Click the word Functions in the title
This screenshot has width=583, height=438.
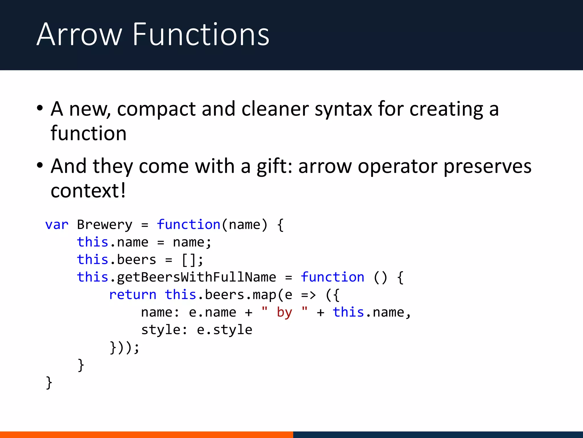(201, 35)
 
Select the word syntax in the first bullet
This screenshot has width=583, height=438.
(343, 109)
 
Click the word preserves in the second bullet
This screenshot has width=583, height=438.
(487, 167)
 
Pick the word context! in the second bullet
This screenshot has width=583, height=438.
(88, 191)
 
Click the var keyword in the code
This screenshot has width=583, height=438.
(57, 225)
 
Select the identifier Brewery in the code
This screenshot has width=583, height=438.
(104, 225)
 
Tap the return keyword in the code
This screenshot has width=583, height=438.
(133, 295)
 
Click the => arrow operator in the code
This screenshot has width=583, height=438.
(309, 295)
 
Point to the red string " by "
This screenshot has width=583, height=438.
(284, 312)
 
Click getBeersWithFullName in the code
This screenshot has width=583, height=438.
(196, 277)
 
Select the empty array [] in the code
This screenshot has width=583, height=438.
(189, 260)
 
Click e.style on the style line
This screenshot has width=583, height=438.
(224, 330)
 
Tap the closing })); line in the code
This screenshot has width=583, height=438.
(124, 347)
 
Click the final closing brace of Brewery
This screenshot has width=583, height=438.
(49, 382)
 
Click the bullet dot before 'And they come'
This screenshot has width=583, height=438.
(40, 165)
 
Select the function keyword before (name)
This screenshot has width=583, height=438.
(188, 225)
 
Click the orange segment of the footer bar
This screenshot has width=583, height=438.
(146, 435)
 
